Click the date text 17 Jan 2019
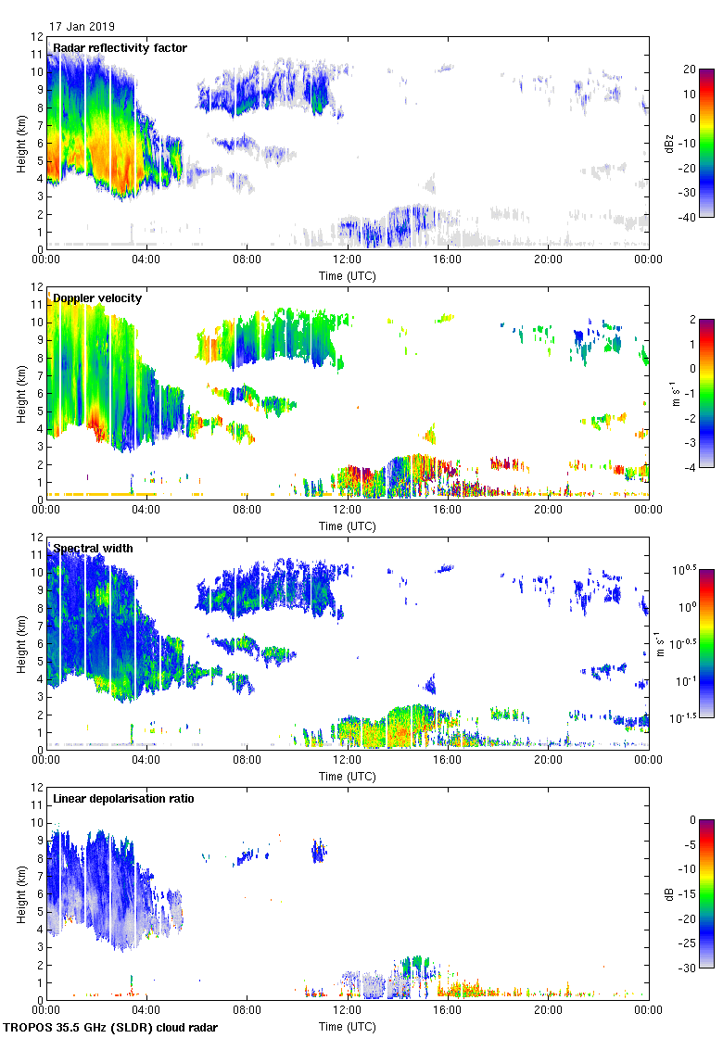coord(82,27)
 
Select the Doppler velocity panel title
coord(97,298)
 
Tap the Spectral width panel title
coord(94,549)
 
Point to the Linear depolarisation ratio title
coord(126,799)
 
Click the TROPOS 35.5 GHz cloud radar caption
coord(112,1027)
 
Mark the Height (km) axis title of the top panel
coord(20,143)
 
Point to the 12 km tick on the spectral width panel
coord(36,538)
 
